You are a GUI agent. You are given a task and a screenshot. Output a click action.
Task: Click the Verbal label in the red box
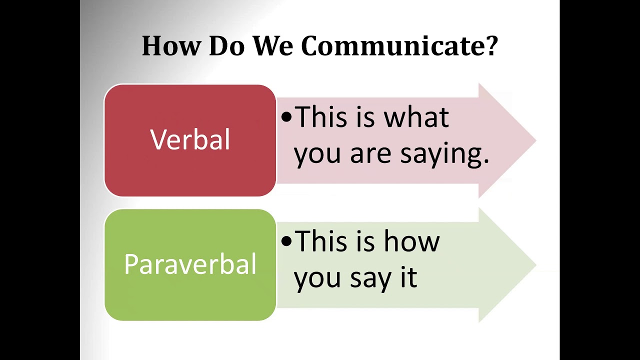tap(190, 140)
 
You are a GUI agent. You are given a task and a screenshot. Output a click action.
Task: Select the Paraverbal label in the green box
tap(190, 264)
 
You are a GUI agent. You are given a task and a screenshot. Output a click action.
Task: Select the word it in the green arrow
tap(408, 277)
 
